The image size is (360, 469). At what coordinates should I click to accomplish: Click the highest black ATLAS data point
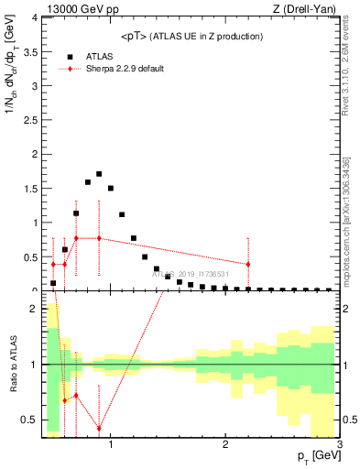[x=99, y=174]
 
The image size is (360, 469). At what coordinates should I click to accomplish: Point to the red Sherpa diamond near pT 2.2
[x=247, y=264]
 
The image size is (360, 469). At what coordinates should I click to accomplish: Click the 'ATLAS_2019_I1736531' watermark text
[x=196, y=274]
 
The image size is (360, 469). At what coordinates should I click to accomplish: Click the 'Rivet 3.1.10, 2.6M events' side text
[x=346, y=73]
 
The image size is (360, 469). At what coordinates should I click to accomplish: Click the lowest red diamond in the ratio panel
[x=99, y=429]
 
